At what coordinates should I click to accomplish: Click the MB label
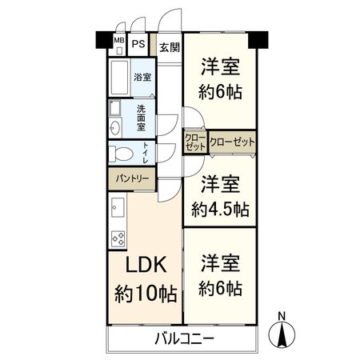[x=118, y=42]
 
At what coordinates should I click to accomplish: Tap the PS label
[x=138, y=42]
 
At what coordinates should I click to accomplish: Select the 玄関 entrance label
[x=169, y=47]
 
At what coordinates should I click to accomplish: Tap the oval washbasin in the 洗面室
[x=115, y=128]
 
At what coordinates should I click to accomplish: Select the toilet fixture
[x=122, y=153]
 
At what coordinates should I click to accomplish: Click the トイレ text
[x=145, y=151]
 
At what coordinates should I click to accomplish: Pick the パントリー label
[x=129, y=178]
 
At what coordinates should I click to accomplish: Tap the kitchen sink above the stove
[x=116, y=212]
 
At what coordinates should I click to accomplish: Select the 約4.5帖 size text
[x=220, y=210]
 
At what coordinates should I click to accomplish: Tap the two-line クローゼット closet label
[x=196, y=142]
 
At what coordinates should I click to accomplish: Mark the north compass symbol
[x=283, y=331]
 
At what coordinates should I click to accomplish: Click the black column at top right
[x=257, y=38]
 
